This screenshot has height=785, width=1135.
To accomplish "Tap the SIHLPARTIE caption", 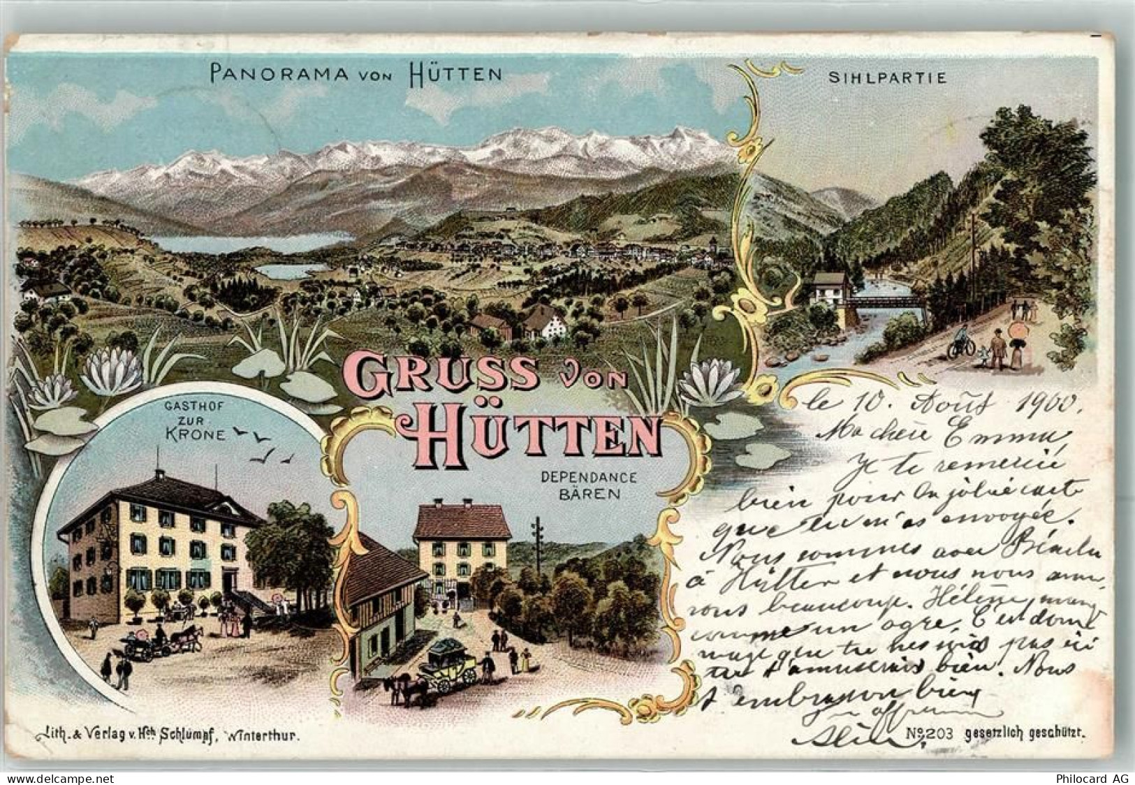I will pos(887,78).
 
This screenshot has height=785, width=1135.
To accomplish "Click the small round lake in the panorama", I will pos(289,270).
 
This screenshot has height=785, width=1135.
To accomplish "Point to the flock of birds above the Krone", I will pos(262,448).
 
